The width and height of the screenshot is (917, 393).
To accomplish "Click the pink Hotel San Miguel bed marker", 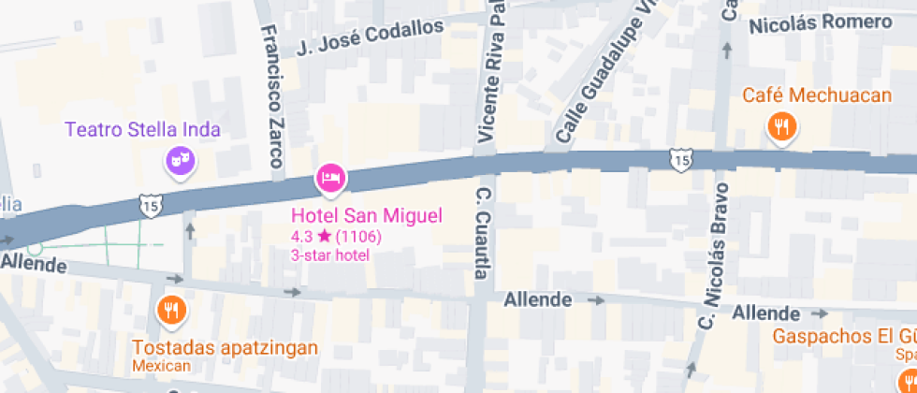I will (330, 177).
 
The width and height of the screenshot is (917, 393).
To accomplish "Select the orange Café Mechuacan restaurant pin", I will (781, 126).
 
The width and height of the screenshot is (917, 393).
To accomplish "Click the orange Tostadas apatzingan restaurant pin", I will (171, 311).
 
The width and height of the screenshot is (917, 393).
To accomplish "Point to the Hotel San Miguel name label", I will (366, 216).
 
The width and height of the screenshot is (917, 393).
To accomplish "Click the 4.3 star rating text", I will (336, 237).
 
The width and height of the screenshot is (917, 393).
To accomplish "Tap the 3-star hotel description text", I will (330, 255).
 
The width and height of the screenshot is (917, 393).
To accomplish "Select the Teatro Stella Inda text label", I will (142, 129).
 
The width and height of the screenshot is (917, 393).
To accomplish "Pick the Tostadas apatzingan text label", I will (225, 348).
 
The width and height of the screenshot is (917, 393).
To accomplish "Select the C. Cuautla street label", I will (483, 234).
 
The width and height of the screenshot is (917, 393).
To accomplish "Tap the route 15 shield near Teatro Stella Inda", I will (148, 204).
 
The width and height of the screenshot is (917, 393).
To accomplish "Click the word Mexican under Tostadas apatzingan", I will (161, 365).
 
